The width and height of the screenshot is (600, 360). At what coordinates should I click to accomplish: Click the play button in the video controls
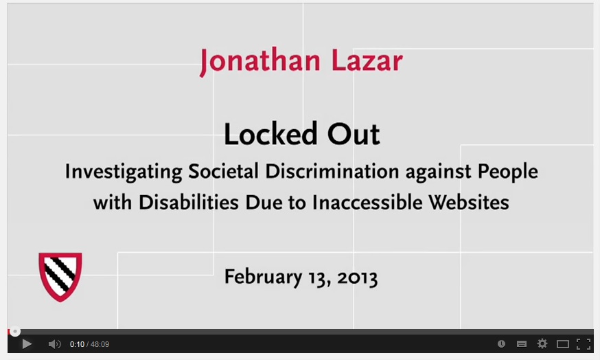click(27, 344)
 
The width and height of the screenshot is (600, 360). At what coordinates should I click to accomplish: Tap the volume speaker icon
click(54, 344)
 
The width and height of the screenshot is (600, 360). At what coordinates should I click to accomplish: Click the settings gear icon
click(542, 344)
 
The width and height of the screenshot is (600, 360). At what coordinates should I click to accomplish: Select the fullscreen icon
click(584, 344)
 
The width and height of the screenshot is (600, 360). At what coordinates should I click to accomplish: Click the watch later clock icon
click(501, 344)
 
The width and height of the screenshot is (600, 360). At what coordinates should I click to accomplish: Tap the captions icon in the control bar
click(522, 344)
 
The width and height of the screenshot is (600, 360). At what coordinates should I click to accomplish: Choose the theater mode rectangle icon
click(563, 344)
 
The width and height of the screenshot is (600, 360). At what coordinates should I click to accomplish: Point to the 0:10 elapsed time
click(76, 344)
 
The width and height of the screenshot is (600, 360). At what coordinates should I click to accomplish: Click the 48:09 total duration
click(100, 344)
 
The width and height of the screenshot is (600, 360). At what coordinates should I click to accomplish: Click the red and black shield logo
click(60, 276)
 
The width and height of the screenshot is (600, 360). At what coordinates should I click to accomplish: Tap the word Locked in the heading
click(264, 134)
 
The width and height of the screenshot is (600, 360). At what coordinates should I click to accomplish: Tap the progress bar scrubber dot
click(15, 332)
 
